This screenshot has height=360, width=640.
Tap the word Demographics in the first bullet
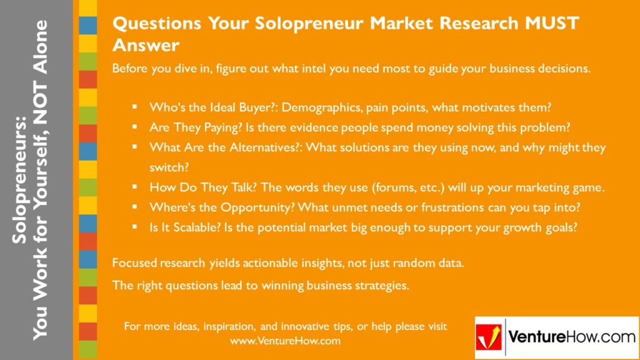(322, 107)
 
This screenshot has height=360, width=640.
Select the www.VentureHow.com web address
(285, 341)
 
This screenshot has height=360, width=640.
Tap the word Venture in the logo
(534, 337)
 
